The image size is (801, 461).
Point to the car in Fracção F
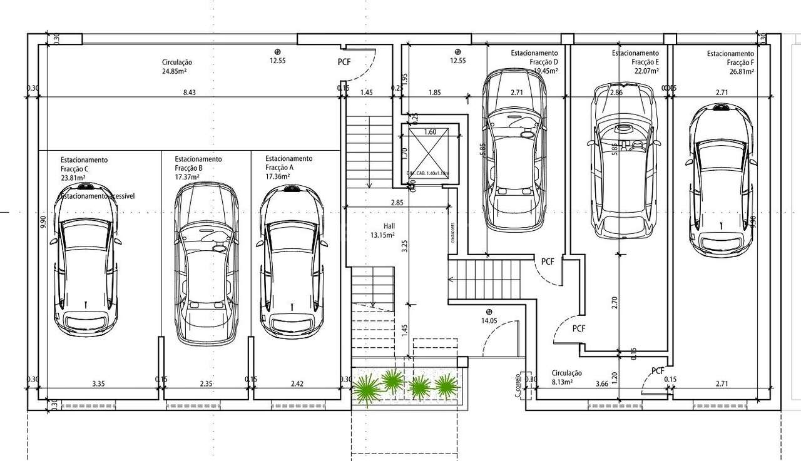(721, 180)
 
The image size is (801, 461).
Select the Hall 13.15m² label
(382, 231)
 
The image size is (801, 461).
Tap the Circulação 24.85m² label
(177, 67)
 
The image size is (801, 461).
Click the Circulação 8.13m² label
(566, 377)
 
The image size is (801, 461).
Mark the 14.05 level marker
(488, 320)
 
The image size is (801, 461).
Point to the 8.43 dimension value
(189, 93)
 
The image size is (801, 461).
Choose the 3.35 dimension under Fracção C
(99, 383)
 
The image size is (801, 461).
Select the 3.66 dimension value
(602, 383)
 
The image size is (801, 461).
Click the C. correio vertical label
(518, 386)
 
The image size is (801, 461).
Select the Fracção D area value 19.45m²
(544, 71)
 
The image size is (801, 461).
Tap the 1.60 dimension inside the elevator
(429, 132)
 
